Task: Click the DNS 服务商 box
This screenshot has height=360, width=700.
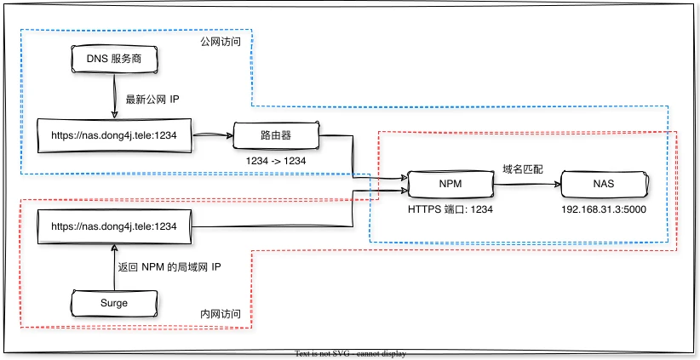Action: click(114, 59)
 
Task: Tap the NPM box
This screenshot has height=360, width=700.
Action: click(450, 183)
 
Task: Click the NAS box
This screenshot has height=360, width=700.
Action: click(602, 183)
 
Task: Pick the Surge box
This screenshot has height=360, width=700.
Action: click(114, 302)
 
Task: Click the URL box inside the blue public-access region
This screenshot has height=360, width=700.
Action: click(114, 135)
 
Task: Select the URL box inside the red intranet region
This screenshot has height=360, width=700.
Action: click(114, 226)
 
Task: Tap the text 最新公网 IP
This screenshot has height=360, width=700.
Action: click(152, 100)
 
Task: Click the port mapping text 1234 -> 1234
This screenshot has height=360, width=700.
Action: click(275, 161)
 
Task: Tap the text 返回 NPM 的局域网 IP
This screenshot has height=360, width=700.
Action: click(170, 266)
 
